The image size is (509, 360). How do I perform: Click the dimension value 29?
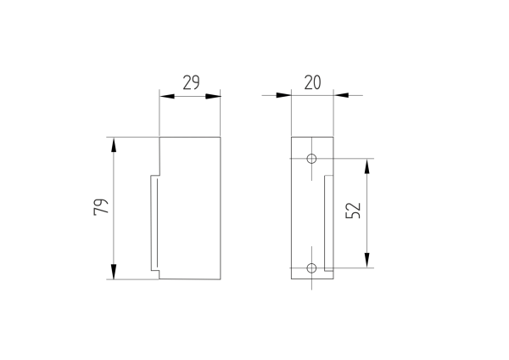(190, 82)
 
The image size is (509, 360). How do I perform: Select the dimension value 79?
(100, 207)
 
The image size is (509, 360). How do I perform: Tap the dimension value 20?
(312, 82)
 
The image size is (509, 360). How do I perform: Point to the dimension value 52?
(354, 211)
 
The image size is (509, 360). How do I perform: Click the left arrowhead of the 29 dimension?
(166, 95)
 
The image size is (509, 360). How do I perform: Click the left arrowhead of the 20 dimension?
(284, 95)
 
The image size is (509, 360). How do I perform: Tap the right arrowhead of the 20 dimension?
(341, 95)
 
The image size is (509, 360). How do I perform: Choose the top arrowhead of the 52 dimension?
(367, 166)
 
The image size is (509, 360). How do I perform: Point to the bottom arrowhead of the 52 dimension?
(367, 261)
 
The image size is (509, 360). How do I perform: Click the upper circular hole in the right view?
(312, 159)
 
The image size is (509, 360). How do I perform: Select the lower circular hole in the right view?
(312, 267)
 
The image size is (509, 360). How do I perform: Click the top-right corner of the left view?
(221, 137)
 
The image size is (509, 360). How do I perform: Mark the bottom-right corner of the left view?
(221, 279)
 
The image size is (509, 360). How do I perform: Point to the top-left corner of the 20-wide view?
(291, 137)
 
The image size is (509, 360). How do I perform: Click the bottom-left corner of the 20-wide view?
(291, 279)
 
